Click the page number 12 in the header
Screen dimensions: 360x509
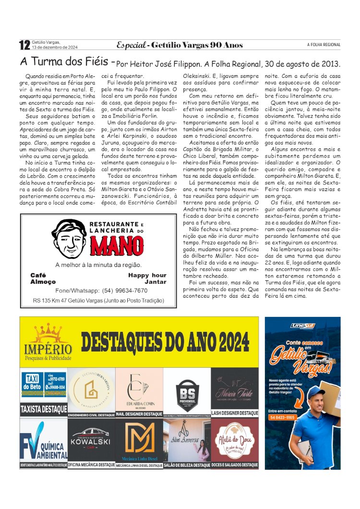point(24,45)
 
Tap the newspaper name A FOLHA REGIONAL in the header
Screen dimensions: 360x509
point(324,45)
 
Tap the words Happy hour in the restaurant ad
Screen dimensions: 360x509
point(147,275)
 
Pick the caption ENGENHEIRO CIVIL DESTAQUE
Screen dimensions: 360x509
point(91,414)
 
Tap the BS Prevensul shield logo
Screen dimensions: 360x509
point(187,389)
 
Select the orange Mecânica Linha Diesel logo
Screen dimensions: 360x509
point(139,438)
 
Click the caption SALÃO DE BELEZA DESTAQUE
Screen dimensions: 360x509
point(187,465)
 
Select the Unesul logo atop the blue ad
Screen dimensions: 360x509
point(302,326)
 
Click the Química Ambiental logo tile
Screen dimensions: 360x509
point(43,441)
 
